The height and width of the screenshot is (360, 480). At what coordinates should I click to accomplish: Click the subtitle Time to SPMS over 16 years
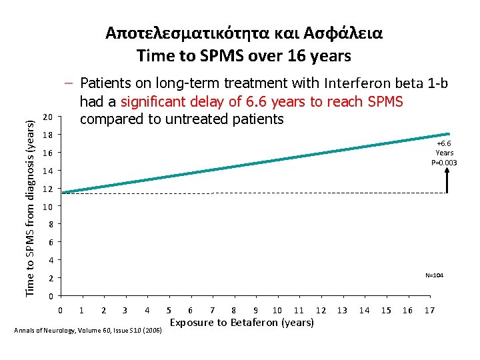243,56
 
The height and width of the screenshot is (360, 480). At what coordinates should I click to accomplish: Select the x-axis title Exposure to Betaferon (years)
242,323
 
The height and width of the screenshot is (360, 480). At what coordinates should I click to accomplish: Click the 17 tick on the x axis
430,311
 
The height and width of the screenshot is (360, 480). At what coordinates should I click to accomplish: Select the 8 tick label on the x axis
233,311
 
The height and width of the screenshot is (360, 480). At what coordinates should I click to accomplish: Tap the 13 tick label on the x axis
342,311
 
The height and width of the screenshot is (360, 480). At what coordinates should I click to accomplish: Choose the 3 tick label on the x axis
125,311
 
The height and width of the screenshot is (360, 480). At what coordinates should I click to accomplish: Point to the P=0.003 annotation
444,162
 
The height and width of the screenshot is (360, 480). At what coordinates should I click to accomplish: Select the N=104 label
434,275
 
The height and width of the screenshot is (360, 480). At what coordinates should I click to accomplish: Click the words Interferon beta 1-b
387,83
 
